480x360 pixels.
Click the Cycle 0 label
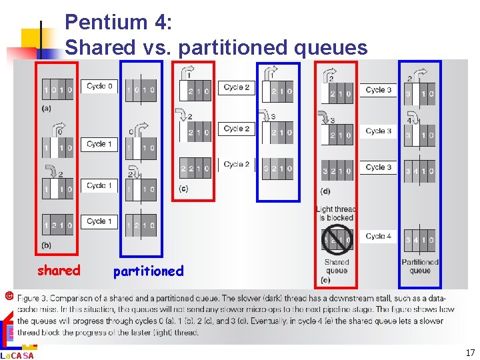pyautogui.click(x=99, y=86)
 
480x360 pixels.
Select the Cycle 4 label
pyautogui.click(x=378, y=236)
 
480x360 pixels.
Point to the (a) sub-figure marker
pyautogui.click(x=47, y=108)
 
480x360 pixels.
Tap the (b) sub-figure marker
pyautogui.click(x=47, y=245)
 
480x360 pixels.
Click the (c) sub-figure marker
pyautogui.click(x=183, y=189)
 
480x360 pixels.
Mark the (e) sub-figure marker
pyautogui.click(x=326, y=280)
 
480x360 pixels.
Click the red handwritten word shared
pyautogui.click(x=59, y=270)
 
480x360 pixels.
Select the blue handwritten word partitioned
pyautogui.click(x=148, y=271)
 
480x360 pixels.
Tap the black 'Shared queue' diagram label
pyautogui.click(x=337, y=266)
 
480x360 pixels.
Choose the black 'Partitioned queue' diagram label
pyautogui.click(x=420, y=266)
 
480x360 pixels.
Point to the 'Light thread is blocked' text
pyautogui.click(x=335, y=213)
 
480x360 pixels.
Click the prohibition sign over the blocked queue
pyautogui.click(x=337, y=240)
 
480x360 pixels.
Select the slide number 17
pyautogui.click(x=470, y=353)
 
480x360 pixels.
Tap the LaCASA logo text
pyautogui.click(x=19, y=355)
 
